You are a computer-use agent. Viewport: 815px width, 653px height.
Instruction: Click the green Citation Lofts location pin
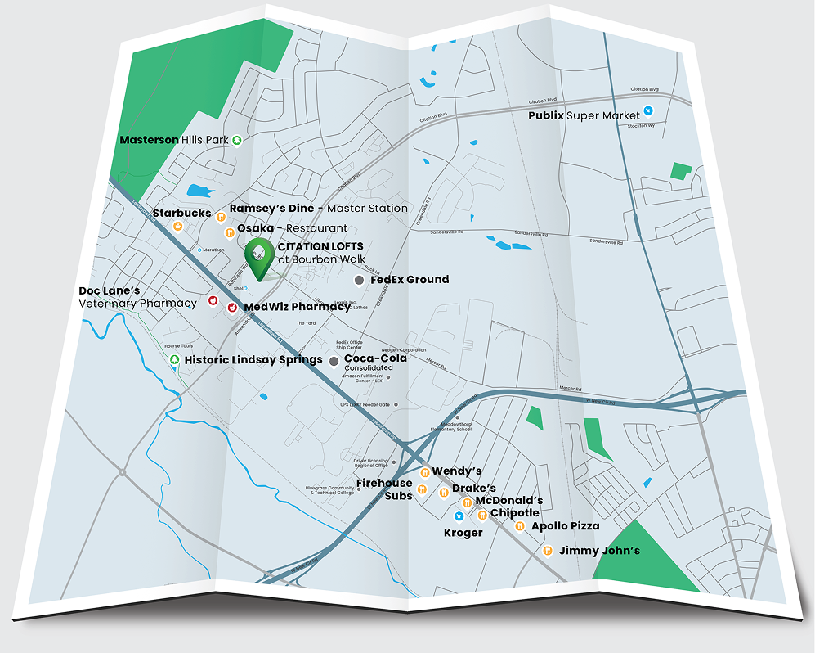(259, 258)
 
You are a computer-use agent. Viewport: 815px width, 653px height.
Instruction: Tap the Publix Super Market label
(584, 115)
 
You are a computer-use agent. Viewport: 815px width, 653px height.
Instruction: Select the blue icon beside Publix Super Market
(648, 110)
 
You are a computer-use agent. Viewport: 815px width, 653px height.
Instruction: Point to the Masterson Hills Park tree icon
(237, 140)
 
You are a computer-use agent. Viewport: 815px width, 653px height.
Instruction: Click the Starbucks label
(181, 214)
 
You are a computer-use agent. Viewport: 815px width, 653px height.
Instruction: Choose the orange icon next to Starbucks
(220, 216)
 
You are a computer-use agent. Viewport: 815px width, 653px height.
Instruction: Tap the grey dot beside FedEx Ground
(359, 281)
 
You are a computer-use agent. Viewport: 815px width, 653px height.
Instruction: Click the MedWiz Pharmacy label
(297, 307)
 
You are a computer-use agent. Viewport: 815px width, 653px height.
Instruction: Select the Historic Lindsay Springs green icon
(173, 360)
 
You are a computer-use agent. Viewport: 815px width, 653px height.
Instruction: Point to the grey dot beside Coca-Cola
(334, 361)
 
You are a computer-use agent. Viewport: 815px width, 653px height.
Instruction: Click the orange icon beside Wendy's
(424, 472)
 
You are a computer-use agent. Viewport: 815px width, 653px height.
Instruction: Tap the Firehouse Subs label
(384, 489)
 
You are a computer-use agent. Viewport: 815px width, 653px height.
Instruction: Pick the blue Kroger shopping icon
(459, 516)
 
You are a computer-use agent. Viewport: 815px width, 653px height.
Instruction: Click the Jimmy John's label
(599, 551)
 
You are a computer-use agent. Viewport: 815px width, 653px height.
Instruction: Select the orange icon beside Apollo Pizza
(520, 526)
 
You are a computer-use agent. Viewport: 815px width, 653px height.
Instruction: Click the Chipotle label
(514, 513)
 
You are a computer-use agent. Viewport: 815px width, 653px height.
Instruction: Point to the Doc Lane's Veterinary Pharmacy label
(137, 297)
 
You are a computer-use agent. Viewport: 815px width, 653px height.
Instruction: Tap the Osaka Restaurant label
(292, 228)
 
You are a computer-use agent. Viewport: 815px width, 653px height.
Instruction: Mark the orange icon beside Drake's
(444, 492)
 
